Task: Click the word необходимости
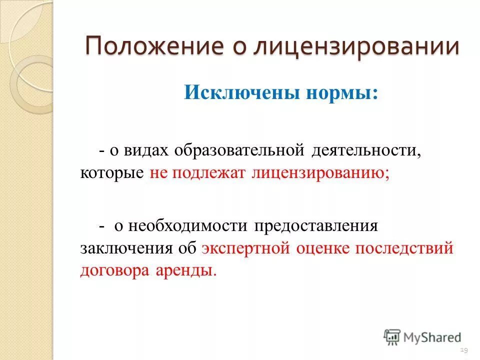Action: coord(187,225)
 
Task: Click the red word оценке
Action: coord(322,248)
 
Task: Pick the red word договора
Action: coord(112,271)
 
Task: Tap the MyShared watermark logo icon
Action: coord(392,337)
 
